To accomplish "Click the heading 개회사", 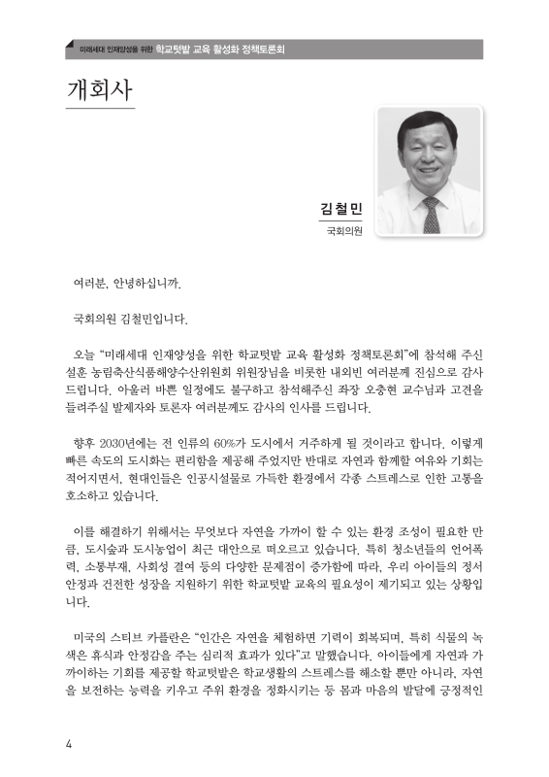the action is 101,89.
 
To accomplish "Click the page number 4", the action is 69,745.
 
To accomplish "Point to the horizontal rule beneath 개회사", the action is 100,109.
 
